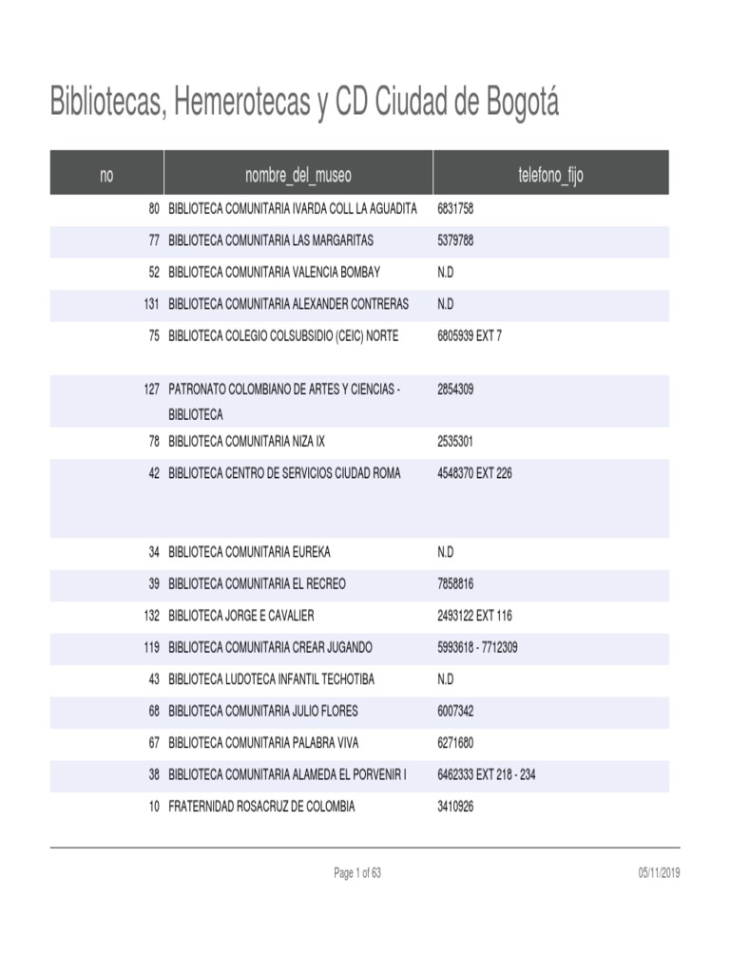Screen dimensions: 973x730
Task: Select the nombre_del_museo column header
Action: click(x=298, y=175)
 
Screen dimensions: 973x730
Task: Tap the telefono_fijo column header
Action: click(x=550, y=175)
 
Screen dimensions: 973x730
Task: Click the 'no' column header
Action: click(x=106, y=175)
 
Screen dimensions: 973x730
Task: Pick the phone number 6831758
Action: click(x=455, y=208)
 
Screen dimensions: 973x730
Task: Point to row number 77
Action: click(x=154, y=240)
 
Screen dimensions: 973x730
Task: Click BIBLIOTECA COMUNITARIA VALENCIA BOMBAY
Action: click(x=274, y=272)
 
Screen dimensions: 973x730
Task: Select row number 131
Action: click(x=151, y=304)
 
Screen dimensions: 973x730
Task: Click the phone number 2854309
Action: click(x=455, y=390)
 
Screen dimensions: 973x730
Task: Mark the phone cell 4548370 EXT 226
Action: click(x=474, y=473)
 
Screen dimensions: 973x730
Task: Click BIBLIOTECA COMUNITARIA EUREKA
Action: click(x=249, y=552)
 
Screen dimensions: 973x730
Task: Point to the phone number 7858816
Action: click(x=455, y=583)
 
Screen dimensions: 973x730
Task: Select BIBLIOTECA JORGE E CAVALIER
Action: click(x=241, y=616)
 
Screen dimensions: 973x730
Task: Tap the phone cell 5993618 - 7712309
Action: click(x=477, y=647)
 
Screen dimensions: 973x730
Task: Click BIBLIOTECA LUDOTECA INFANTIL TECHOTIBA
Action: click(x=271, y=679)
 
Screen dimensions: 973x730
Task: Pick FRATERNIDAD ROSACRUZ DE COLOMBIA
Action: click(x=261, y=807)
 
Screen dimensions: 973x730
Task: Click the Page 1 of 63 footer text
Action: click(x=357, y=873)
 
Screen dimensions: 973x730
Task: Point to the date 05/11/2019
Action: click(x=660, y=873)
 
